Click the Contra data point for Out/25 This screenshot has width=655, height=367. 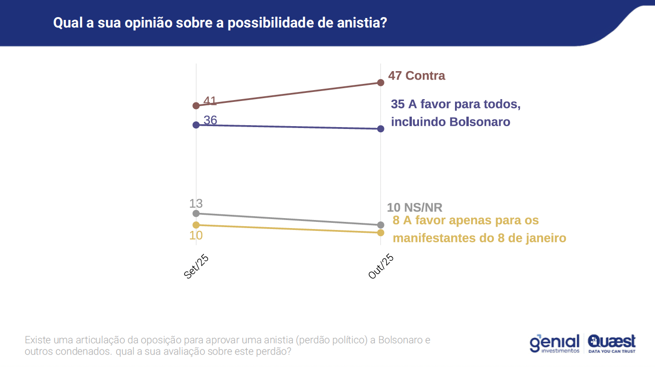pos(381,83)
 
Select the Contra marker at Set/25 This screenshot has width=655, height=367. pos(196,106)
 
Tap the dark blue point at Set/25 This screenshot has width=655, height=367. pos(196,125)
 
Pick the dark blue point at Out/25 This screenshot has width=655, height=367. pos(381,129)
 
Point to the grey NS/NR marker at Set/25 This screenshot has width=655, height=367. pos(196,213)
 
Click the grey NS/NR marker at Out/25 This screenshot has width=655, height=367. pos(381,225)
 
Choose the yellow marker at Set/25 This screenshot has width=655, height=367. pos(196,225)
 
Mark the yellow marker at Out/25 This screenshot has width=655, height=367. pos(381,232)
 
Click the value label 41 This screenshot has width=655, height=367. pos(210,101)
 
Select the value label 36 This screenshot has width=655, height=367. pos(210,120)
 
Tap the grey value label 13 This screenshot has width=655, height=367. pos(196,204)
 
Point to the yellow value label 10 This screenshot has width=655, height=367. pos(196,236)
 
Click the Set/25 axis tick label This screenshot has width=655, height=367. pos(196,267)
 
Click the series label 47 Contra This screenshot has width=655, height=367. pos(417,76)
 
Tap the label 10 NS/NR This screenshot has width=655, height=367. pos(414,208)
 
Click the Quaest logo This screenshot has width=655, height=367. pos(611,343)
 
